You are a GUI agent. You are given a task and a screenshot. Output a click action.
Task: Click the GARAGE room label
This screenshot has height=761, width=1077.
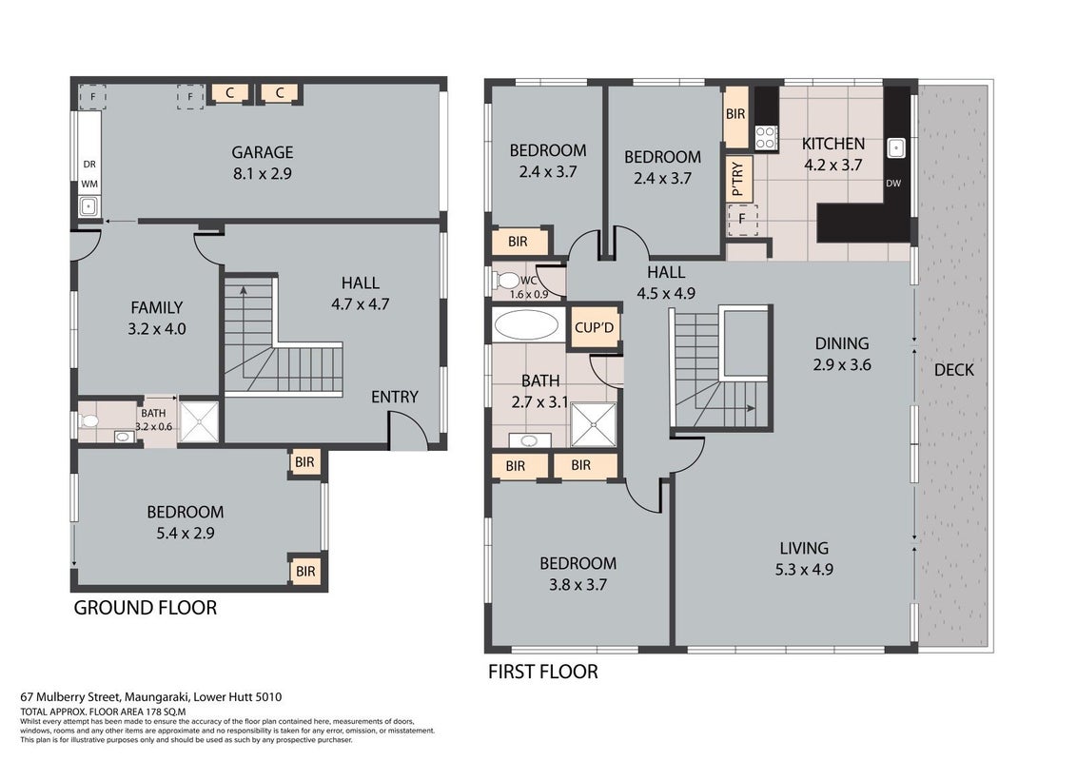[262, 152]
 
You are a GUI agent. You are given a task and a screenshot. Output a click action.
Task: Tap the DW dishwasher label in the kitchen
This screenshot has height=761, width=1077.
[893, 184]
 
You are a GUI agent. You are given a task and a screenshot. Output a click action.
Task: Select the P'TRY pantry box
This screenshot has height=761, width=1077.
[738, 178]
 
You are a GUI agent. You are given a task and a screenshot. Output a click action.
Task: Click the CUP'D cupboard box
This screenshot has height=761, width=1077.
[594, 327]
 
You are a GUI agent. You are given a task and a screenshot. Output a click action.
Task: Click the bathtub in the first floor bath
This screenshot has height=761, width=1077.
[526, 325]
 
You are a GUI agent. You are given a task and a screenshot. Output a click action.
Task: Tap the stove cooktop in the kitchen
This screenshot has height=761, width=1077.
[766, 137]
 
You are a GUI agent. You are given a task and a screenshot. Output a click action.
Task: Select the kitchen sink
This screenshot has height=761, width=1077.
[895, 147]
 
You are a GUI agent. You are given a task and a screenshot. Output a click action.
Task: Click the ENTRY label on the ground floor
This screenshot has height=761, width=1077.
[394, 397]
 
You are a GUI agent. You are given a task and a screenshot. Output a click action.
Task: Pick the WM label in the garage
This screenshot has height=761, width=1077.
[89, 185]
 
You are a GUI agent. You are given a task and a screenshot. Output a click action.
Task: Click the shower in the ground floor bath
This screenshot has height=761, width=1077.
[199, 421]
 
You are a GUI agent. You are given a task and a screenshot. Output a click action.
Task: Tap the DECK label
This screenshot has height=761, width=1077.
[954, 370]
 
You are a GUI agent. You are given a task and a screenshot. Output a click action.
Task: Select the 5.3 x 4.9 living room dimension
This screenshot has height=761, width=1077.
[804, 570]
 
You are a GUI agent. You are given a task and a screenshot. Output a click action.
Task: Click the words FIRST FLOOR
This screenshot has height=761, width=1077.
[542, 672]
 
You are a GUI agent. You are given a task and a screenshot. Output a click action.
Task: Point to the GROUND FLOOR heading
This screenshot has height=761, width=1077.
[145, 608]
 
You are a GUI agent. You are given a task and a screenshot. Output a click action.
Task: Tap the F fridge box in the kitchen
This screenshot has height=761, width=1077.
[742, 220]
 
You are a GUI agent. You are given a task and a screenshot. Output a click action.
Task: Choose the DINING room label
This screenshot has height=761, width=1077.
[841, 343]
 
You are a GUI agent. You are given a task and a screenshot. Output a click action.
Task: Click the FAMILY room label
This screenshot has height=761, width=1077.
[157, 307]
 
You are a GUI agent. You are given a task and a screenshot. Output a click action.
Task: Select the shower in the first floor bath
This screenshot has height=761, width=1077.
[594, 425]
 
